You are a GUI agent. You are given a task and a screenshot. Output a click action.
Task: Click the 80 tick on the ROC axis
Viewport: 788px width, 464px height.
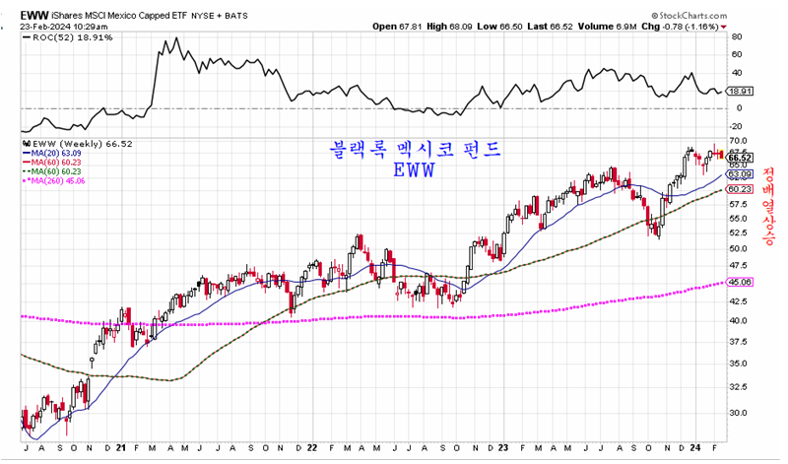[x=734, y=37]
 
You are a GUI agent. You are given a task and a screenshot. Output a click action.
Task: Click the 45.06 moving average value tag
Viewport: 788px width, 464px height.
[x=740, y=282]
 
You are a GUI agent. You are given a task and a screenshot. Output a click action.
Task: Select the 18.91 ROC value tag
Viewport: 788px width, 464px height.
[x=740, y=90]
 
